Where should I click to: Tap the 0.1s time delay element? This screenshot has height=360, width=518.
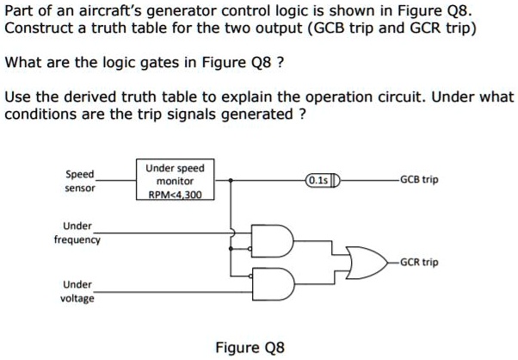point(323,181)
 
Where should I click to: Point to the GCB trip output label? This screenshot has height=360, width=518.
point(419,181)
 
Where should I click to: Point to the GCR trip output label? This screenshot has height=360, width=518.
point(419,261)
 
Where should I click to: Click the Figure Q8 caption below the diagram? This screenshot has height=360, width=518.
point(249,347)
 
